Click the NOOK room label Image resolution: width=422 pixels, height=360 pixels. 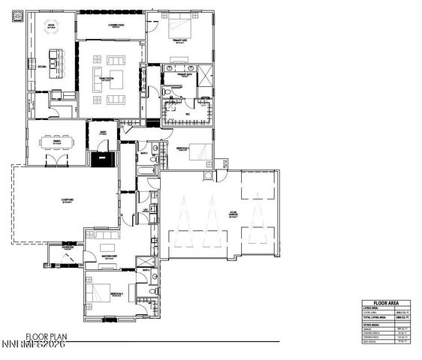[52, 25]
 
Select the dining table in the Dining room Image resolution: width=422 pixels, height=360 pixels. [56, 140]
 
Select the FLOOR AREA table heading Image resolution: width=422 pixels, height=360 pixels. [387, 302]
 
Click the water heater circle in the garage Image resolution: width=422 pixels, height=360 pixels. [208, 176]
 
